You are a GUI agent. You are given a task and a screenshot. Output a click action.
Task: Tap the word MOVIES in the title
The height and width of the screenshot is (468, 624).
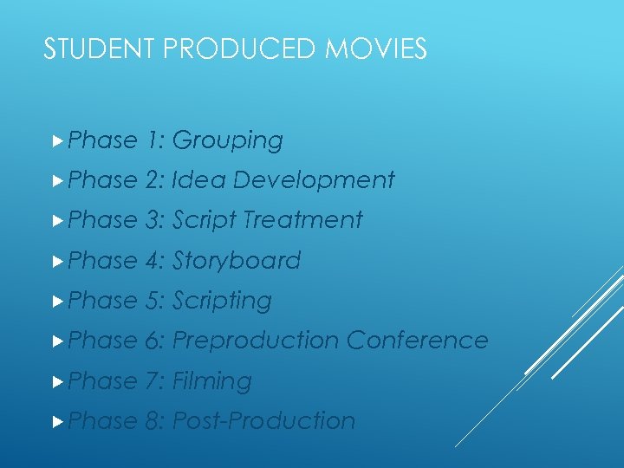[x=376, y=49]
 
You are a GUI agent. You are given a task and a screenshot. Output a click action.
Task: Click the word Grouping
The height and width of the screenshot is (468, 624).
[x=228, y=140]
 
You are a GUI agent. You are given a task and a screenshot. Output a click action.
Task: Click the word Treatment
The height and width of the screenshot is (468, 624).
[x=302, y=220]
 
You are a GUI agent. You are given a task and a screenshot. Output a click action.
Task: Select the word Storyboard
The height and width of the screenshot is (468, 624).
[x=237, y=261]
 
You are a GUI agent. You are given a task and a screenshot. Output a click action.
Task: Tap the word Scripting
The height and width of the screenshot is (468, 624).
[x=223, y=301]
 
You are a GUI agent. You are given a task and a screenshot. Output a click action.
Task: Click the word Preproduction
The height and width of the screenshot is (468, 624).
[x=256, y=341]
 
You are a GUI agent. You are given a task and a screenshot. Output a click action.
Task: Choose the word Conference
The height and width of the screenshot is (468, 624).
[x=418, y=341]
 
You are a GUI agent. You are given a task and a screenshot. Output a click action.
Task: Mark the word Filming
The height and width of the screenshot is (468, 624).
[x=212, y=380]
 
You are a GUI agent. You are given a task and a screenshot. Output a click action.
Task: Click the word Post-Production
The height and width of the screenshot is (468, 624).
[x=264, y=420]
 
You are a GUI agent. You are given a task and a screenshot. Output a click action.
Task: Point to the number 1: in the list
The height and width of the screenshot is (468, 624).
[x=156, y=140]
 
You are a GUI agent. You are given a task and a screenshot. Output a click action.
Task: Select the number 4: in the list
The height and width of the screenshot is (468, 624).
[x=156, y=261]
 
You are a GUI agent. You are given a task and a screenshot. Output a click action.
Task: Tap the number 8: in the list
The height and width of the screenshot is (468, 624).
[x=156, y=420]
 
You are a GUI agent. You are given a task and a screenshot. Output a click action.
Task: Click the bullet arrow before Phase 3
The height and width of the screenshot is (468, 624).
[x=57, y=220]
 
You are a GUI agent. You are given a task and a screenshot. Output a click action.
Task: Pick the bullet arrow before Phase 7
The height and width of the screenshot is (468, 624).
[x=57, y=380]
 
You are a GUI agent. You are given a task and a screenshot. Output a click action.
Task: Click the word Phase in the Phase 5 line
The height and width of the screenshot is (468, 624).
[x=102, y=301]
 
